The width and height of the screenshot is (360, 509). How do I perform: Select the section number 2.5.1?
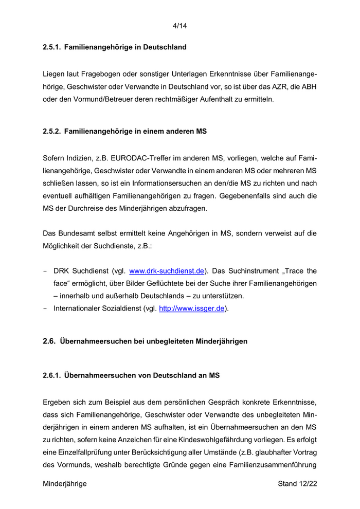(x=51, y=47)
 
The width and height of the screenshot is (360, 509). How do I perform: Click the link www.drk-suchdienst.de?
(x=167, y=270)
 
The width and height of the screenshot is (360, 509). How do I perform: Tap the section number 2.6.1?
(x=51, y=376)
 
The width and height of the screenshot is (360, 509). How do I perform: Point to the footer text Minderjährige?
(x=65, y=484)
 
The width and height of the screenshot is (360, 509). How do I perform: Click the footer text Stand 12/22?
(x=297, y=484)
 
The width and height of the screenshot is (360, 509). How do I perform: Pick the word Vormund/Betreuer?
(x=85, y=99)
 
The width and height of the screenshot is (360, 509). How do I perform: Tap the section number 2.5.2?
(x=51, y=132)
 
